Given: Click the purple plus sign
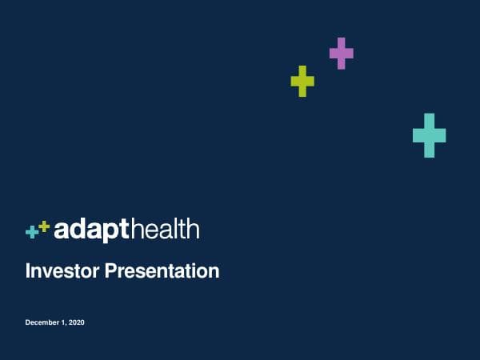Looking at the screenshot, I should [342, 53].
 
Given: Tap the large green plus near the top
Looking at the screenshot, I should [302, 81].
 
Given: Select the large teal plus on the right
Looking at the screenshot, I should [429, 135].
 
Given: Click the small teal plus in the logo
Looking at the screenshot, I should [32, 232].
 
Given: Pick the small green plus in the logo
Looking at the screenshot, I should [44, 226].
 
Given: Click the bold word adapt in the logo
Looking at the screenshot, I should [90, 230].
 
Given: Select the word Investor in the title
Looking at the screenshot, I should [61, 271].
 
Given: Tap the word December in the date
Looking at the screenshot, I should [42, 322].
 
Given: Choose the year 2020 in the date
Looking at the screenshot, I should [76, 322].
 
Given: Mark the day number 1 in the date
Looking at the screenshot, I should [63, 322].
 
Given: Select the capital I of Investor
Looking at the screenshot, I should [28, 271].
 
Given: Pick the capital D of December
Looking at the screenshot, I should [28, 322].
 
